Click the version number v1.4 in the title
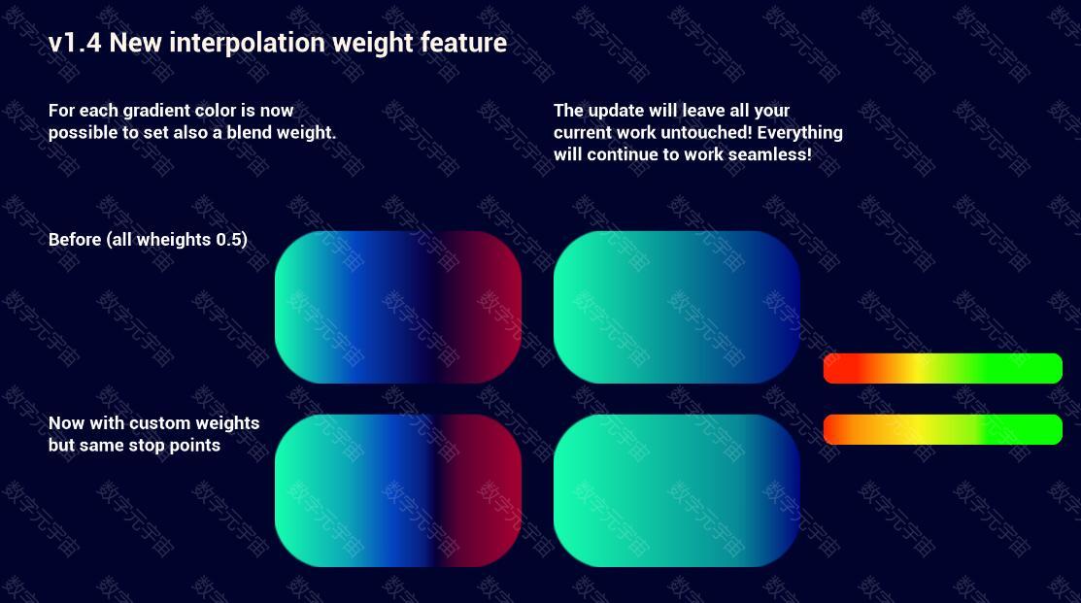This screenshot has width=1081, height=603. pos(75,43)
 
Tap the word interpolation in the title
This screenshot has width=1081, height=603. pos(247,43)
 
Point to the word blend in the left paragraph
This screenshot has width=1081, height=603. pos(249,132)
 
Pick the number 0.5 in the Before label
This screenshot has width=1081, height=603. pos(230,240)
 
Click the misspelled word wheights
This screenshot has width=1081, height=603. pos(173,241)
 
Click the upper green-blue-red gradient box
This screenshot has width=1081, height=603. pos(398,308)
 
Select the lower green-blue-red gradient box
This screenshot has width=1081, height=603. pos(398,490)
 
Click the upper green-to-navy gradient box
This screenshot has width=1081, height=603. pos(677,308)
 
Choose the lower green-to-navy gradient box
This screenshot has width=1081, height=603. pos(677,490)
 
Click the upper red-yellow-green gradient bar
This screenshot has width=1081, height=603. pos(942,368)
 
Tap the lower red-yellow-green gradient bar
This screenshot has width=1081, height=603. pos(942,429)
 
